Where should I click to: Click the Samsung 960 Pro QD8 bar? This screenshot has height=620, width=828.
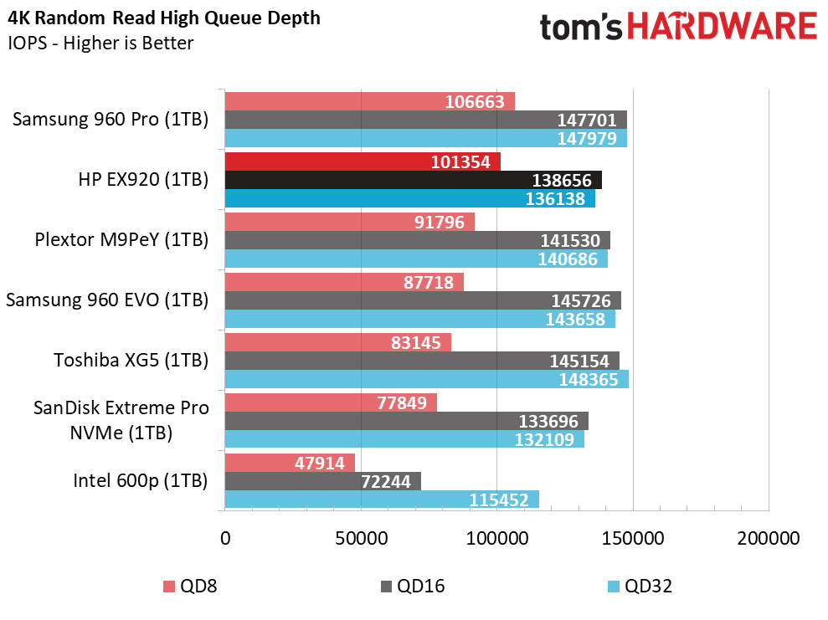point(370,101)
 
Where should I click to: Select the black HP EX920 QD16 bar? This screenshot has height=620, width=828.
point(414,180)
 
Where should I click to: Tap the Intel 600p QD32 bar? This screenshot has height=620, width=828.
point(382,500)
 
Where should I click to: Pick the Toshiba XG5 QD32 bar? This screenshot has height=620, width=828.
point(427,379)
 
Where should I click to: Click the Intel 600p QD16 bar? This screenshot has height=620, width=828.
point(322,481)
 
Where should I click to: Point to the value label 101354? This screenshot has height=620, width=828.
point(460,162)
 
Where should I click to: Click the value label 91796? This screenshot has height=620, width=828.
point(440,222)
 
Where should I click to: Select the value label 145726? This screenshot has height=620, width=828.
point(581,300)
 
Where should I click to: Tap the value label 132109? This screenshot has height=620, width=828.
point(544,439)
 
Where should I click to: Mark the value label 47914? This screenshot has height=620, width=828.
point(320,464)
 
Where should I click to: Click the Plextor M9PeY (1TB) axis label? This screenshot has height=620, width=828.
point(121,239)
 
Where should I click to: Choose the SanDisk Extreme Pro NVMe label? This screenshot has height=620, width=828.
point(121,420)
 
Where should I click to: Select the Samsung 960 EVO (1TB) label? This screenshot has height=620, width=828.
point(107,300)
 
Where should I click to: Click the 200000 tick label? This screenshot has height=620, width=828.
point(769,538)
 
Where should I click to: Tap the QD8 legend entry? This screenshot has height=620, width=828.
point(190,587)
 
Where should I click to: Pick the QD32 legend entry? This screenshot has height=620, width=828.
point(640,587)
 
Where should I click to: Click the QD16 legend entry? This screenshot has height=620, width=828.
point(413,587)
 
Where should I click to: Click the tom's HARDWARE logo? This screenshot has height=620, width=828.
point(679,27)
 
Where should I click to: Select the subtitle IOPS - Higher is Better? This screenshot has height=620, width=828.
point(100,43)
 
